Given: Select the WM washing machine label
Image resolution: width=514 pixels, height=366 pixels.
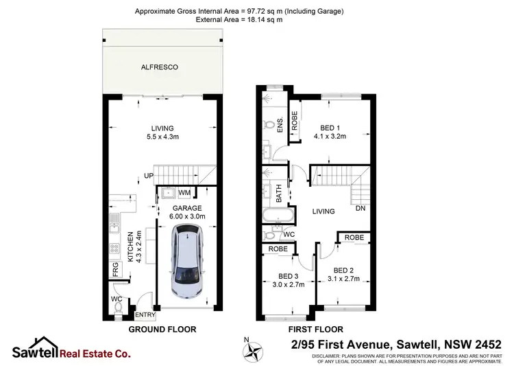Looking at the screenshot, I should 185,193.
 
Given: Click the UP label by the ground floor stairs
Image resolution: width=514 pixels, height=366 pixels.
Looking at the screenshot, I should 147,177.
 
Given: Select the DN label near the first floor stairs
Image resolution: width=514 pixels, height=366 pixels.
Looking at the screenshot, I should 360,209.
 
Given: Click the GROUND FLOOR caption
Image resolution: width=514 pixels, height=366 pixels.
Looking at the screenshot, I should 162,330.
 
